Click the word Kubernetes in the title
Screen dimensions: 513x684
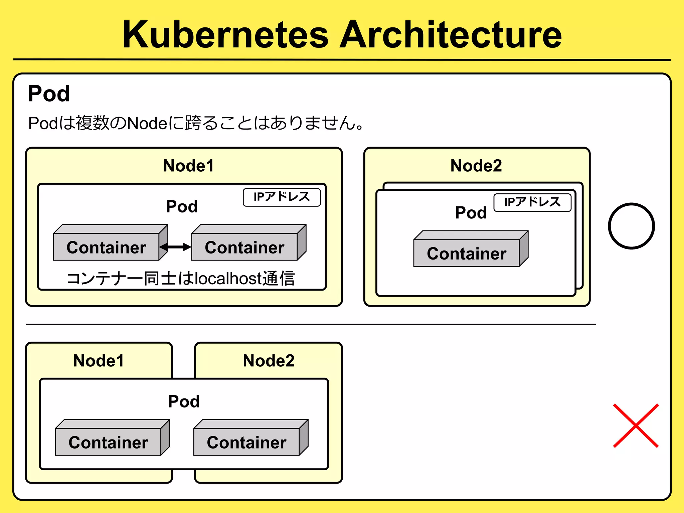coord(226,35)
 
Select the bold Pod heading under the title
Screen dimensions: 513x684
coord(49,94)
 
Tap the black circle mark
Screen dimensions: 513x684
coord(631,226)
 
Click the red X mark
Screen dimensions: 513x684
coord(636,425)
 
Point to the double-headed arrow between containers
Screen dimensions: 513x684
coord(175,247)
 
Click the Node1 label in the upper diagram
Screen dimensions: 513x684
coord(188,166)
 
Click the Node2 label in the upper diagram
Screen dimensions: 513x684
coord(476,166)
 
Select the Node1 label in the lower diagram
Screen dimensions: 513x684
coord(99,361)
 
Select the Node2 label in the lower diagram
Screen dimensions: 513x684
coord(269,361)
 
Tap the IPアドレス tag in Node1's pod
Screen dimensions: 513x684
coord(282,197)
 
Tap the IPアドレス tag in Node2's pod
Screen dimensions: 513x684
coord(532,202)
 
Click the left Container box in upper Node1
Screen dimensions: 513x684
coord(106,247)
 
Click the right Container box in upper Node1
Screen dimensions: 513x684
coord(244,247)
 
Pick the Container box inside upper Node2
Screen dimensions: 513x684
coord(467,253)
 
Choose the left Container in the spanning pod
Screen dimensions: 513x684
coord(108,442)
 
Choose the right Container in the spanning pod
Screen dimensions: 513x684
coord(246,442)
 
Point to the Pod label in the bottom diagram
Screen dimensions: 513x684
coord(184,401)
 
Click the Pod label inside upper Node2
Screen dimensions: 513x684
coord(471,213)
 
